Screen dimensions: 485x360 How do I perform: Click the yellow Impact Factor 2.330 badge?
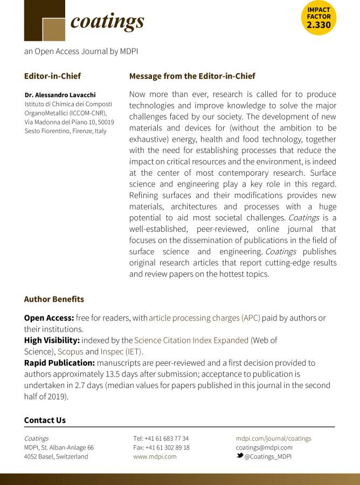319,17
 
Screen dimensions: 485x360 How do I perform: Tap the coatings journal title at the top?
107,21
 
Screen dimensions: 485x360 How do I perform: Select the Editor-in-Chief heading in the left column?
52,76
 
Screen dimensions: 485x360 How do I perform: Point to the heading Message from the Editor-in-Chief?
192,76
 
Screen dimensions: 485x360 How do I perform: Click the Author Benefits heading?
54,299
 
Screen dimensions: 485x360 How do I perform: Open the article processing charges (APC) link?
204,318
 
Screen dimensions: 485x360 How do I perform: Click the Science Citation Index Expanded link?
191,340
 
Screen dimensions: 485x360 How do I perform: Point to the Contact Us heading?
45,420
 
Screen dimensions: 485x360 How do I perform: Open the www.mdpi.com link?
155,456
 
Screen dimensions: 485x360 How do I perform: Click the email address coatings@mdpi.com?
264,447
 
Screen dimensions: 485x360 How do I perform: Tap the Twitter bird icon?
240,456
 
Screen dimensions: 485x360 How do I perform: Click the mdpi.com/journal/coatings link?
273,439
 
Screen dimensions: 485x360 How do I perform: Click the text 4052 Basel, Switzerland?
56,456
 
